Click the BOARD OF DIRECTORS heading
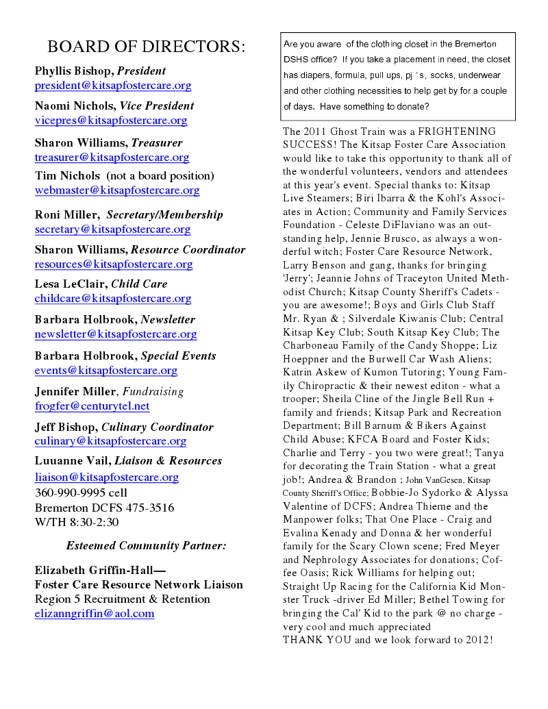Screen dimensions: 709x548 (146, 47)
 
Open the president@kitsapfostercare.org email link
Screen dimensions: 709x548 (113, 86)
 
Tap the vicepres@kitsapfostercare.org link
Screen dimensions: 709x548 (111, 121)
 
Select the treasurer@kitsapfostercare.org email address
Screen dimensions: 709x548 (112, 158)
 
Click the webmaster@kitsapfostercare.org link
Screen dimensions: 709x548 (117, 191)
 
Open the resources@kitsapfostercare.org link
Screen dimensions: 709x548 (114, 264)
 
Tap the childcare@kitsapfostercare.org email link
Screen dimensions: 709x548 (113, 299)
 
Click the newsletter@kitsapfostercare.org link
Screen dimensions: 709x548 (116, 335)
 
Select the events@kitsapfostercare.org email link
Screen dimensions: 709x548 (106, 371)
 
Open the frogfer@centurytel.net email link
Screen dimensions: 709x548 (92, 406)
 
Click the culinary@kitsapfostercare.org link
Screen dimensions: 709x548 (111, 441)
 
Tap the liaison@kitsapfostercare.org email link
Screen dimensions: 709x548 (107, 477)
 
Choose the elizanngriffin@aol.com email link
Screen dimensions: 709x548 (95, 614)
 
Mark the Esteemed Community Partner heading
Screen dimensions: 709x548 (146, 546)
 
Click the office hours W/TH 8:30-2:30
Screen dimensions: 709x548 (77, 522)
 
